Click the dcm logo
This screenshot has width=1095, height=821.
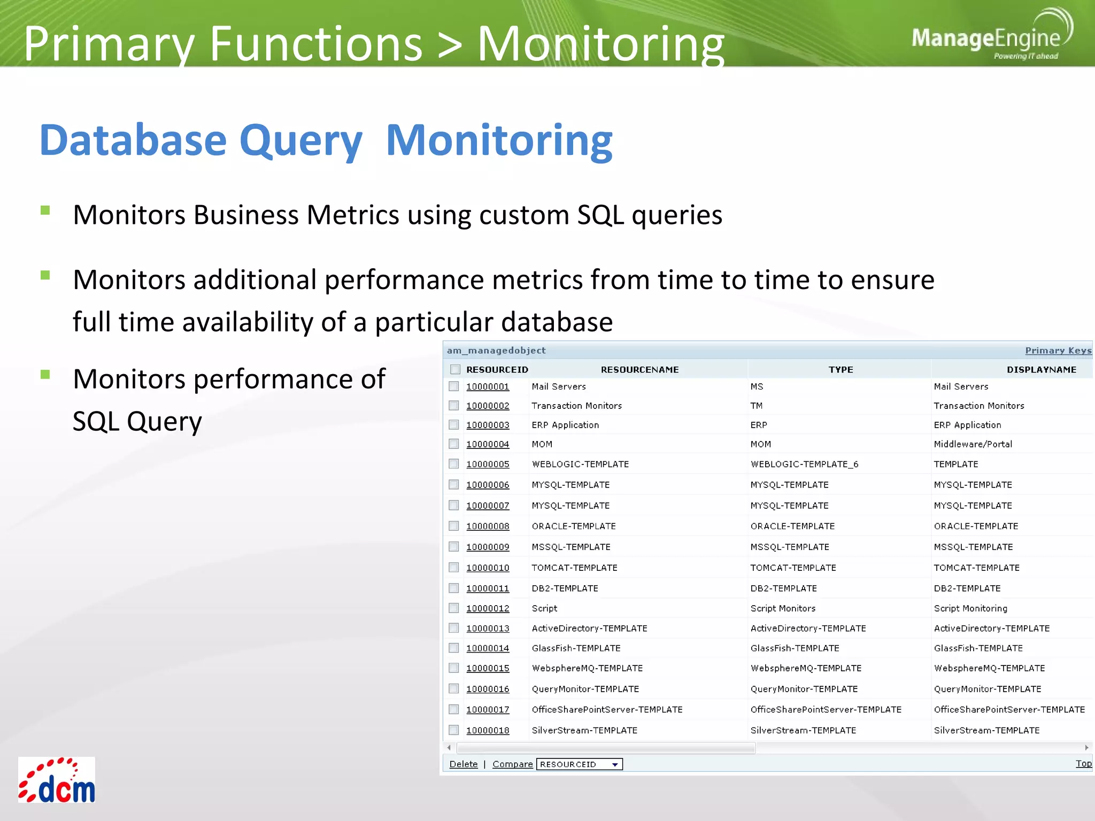(57, 780)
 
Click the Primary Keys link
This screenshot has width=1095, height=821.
(1058, 351)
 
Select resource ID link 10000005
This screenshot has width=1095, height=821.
(488, 464)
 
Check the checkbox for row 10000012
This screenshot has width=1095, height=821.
(454, 608)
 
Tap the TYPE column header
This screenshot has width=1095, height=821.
(840, 370)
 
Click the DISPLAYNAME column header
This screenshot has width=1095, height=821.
(1041, 370)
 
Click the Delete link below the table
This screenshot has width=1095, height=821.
(463, 764)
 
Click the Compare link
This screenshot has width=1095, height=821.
(512, 764)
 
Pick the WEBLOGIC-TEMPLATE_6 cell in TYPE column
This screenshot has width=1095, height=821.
(804, 464)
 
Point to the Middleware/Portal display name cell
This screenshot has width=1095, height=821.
(973, 444)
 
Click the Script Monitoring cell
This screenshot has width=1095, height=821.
(970, 608)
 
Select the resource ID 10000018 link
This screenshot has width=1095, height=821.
(488, 731)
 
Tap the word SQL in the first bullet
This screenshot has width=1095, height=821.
(600, 215)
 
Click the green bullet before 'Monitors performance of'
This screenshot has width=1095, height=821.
(45, 374)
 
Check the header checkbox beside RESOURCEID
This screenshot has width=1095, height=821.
(456, 369)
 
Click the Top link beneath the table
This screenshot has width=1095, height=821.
(1083, 764)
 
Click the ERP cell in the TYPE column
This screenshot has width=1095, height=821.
(758, 425)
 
